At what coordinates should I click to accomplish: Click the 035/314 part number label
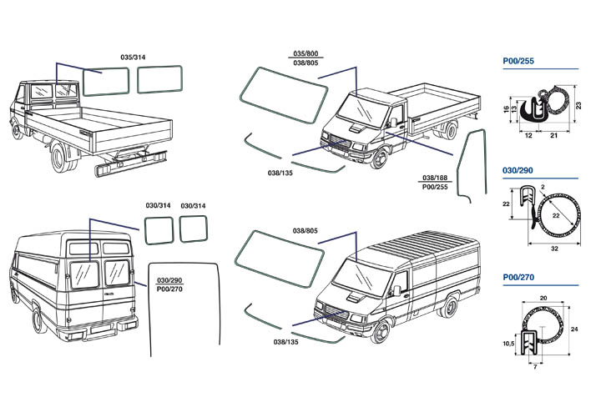click(134, 58)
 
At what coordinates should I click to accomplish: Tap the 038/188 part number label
click(433, 178)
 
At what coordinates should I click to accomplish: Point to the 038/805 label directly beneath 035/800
click(306, 63)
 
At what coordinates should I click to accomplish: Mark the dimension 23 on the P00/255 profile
click(578, 103)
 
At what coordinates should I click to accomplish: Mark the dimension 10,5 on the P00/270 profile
click(508, 341)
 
